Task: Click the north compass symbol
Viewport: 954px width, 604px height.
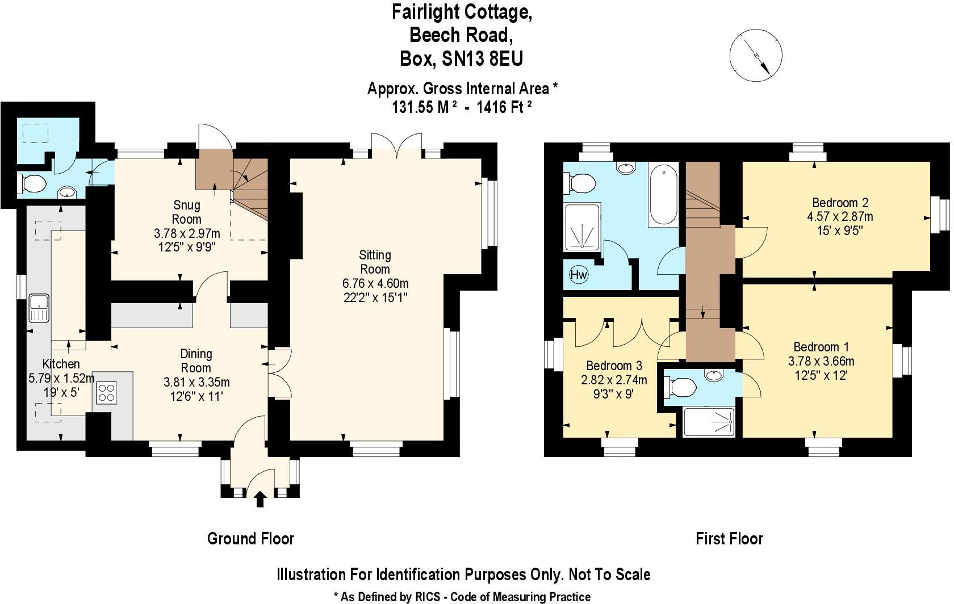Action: pyautogui.click(x=755, y=56)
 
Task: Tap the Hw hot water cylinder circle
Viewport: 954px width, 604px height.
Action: pyautogui.click(x=579, y=275)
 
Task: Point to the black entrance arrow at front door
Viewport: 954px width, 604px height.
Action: pyautogui.click(x=261, y=499)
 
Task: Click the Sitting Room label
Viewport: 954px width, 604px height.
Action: pyautogui.click(x=375, y=262)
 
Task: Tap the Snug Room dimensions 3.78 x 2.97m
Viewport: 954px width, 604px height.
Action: pyautogui.click(x=187, y=233)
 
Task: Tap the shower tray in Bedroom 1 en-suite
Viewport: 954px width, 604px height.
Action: pyautogui.click(x=709, y=422)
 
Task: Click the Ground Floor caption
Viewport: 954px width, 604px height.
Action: pyautogui.click(x=250, y=538)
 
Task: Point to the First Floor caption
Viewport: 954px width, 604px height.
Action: pyautogui.click(x=729, y=538)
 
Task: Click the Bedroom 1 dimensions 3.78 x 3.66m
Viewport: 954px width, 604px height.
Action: pyautogui.click(x=821, y=361)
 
